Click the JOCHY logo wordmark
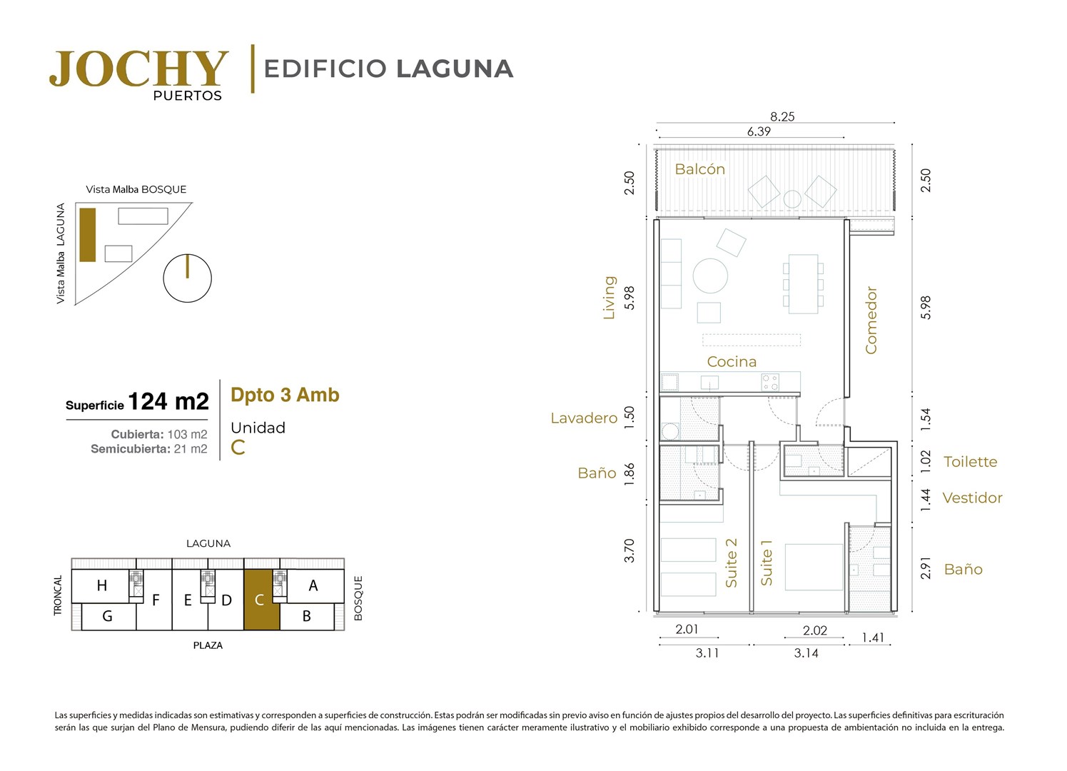[x=138, y=69]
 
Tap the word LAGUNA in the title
[x=455, y=69]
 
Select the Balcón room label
[x=699, y=169]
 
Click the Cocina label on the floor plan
[x=732, y=362]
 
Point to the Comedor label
[x=871, y=321]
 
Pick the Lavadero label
[x=584, y=418]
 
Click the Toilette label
[x=971, y=462]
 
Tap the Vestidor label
[x=972, y=498]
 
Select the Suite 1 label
[x=767, y=563]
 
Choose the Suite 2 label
[x=731, y=563]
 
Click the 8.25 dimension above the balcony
[x=782, y=117]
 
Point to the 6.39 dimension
[x=759, y=131]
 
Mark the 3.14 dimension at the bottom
[x=806, y=652]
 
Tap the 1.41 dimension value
[x=873, y=638]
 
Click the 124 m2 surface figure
[x=168, y=401]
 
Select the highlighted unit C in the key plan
[x=261, y=600]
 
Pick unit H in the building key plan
[x=101, y=585]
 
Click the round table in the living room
[x=710, y=276]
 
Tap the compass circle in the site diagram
[x=187, y=278]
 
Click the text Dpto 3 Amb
[x=285, y=395]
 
